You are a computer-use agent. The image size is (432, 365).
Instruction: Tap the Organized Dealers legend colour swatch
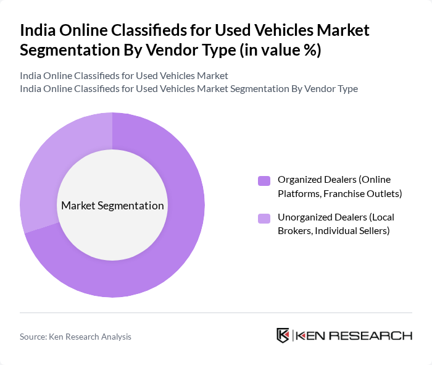pos(264,180)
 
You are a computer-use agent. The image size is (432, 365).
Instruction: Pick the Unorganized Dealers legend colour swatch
pos(264,218)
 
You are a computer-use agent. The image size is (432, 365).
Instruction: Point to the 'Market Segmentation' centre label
pos(112,206)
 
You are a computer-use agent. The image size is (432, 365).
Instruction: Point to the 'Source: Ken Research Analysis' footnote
pos(75,337)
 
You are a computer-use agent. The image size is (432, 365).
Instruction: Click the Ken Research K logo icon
pos(283,335)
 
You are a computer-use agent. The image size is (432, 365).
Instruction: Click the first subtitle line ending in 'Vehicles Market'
pos(124,75)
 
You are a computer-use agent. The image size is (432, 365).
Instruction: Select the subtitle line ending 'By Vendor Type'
pos(189,88)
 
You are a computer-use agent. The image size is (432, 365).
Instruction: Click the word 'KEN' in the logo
pos(311,336)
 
